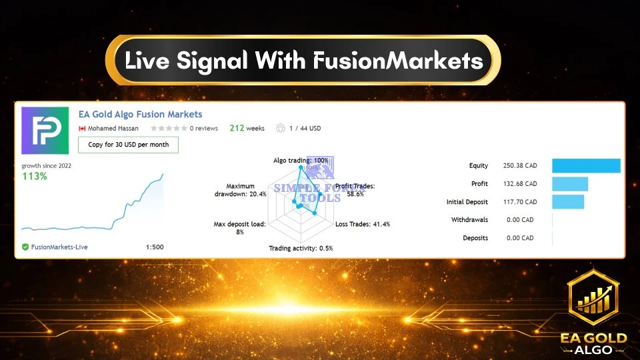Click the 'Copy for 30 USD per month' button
[x=128, y=145]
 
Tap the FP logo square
[x=45, y=131]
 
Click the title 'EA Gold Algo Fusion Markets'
[x=140, y=115]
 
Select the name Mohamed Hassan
[x=113, y=128]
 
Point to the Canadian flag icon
[x=83, y=128]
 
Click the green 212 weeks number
[x=237, y=128]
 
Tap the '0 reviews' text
[x=204, y=128]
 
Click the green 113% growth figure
[x=34, y=176]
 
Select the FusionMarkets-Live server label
[x=59, y=247]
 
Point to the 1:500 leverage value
[x=154, y=247]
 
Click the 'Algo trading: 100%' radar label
[x=301, y=161]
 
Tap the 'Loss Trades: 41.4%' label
[x=362, y=224]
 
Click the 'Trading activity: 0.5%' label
[x=301, y=248]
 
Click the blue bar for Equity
[x=586, y=166]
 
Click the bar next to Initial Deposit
[x=567, y=201]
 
